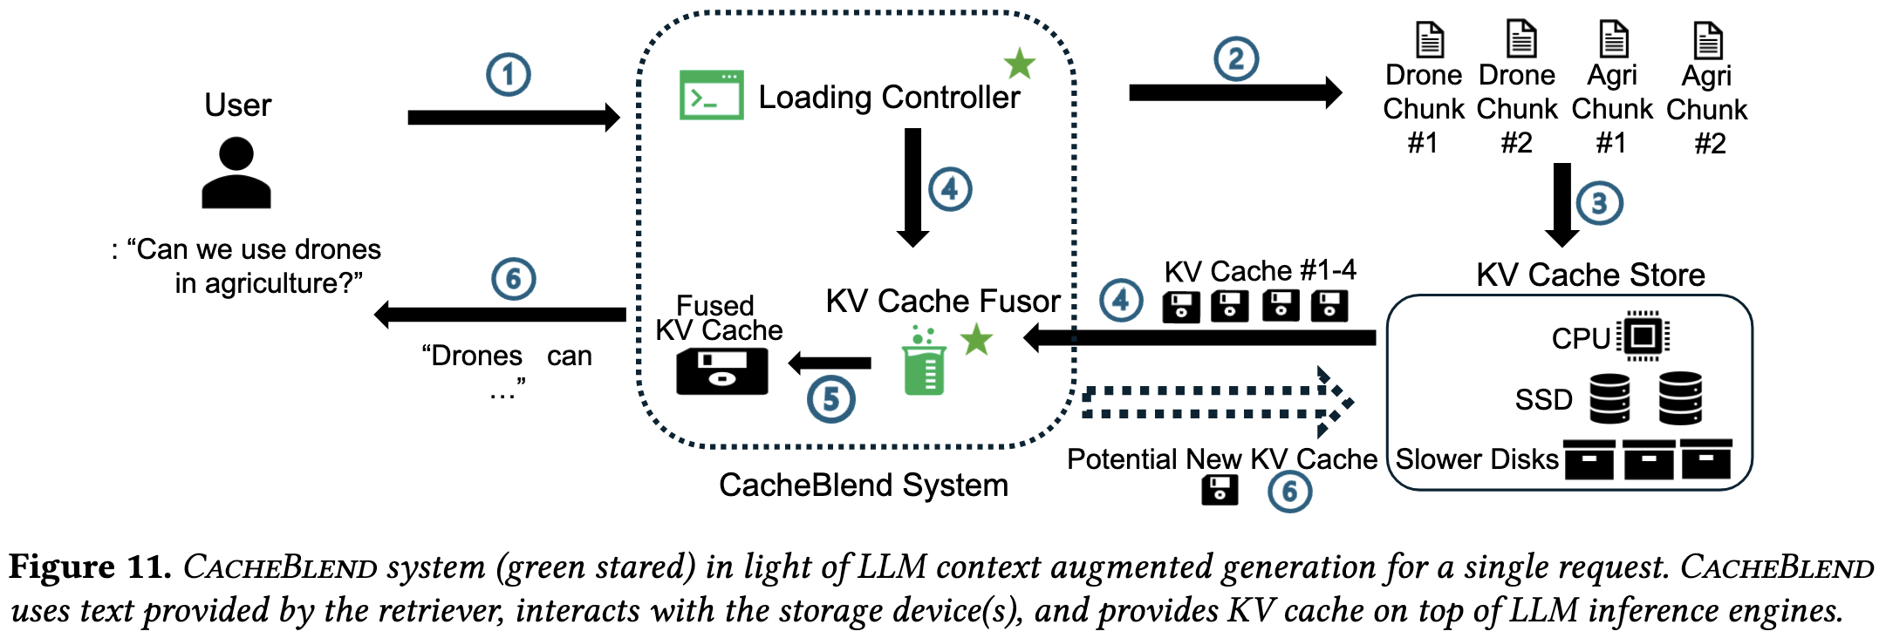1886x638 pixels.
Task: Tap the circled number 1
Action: pyautogui.click(x=509, y=75)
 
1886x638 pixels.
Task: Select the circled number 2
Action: pyautogui.click(x=1236, y=59)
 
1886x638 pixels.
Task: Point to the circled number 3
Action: pyautogui.click(x=1599, y=203)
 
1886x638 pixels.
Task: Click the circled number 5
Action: pyautogui.click(x=830, y=400)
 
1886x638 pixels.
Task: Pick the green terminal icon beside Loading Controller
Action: pyautogui.click(x=712, y=95)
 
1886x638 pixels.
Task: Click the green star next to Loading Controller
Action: pyautogui.click(x=1019, y=64)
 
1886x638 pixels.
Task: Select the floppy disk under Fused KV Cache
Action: pyautogui.click(x=722, y=371)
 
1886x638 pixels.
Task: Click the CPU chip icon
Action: pyautogui.click(x=1643, y=336)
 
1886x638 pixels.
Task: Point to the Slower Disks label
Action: pyautogui.click(x=1477, y=459)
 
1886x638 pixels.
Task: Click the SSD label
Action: pyautogui.click(x=1543, y=400)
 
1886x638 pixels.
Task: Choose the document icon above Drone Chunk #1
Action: pyautogui.click(x=1429, y=39)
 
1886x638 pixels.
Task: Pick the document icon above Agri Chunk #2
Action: pyautogui.click(x=1707, y=40)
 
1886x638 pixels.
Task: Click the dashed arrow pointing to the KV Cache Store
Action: pyautogui.click(x=1217, y=402)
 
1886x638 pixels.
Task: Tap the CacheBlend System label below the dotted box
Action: pyautogui.click(x=863, y=485)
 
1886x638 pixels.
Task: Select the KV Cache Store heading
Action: pyautogui.click(x=1590, y=275)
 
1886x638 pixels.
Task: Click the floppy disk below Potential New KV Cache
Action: pyautogui.click(x=1219, y=491)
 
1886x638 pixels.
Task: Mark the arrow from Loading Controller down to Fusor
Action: pyautogui.click(x=912, y=187)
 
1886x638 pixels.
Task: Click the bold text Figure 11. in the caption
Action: pyautogui.click(x=90, y=567)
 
